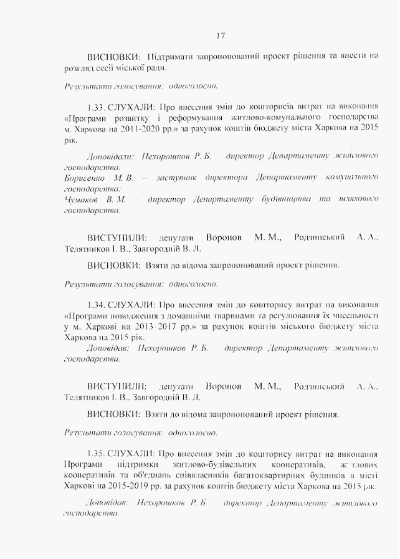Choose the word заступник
(x=177, y=178)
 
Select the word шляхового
(x=357, y=199)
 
